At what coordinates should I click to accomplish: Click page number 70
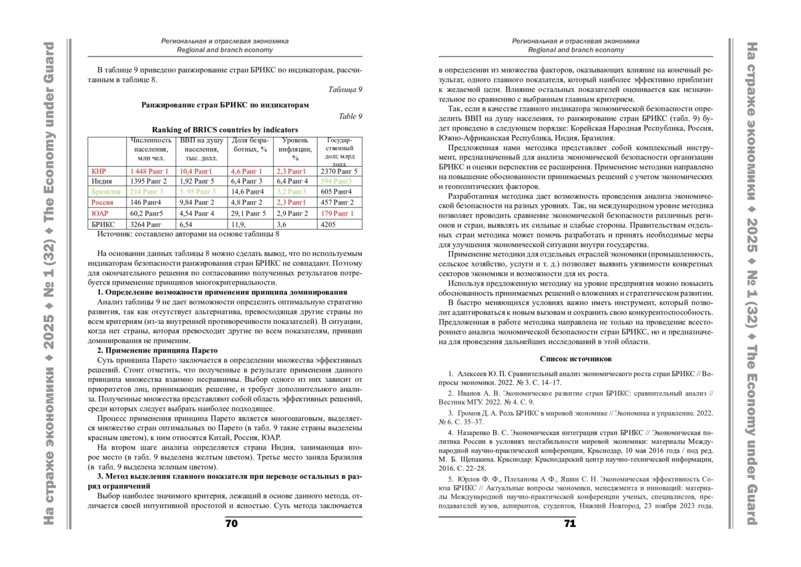click(231, 524)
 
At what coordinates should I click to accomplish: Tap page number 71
click(569, 524)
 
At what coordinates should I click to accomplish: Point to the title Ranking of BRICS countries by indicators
click(225, 130)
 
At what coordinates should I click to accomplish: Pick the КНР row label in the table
click(98, 171)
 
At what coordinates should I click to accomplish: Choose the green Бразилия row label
click(105, 192)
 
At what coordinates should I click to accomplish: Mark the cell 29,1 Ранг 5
click(248, 213)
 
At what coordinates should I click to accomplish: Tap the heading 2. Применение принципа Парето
click(157, 350)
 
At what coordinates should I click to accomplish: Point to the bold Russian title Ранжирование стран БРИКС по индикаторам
click(226, 104)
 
